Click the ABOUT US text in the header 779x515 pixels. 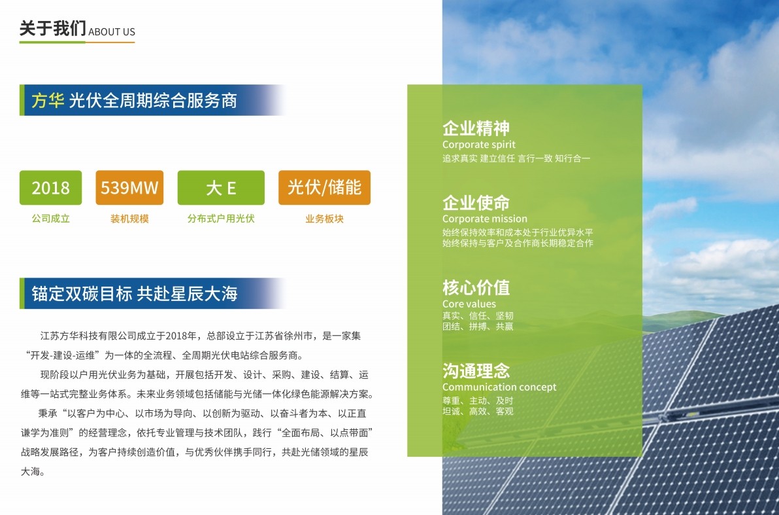tap(112, 32)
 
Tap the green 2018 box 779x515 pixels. tap(51, 188)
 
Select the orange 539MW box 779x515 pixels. tap(129, 188)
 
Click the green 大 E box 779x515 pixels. tap(221, 188)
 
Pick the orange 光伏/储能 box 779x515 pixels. tap(324, 188)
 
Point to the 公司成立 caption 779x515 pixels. tap(51, 219)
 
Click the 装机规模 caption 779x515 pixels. tap(129, 219)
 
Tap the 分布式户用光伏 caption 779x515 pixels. tap(221, 219)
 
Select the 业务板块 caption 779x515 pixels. tap(324, 219)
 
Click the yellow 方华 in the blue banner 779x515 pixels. tap(48, 101)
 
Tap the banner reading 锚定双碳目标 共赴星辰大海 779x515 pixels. tap(152, 293)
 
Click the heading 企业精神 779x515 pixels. tap(476, 128)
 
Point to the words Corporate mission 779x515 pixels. tap(485, 219)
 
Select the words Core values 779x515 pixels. tap(469, 304)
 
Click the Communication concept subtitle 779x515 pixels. tap(499, 387)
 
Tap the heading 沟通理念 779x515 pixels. tap(476, 370)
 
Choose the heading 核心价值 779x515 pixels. tap(476, 288)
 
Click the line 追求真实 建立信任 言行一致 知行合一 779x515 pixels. tap(516, 158)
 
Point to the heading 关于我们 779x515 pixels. tap(53, 28)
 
